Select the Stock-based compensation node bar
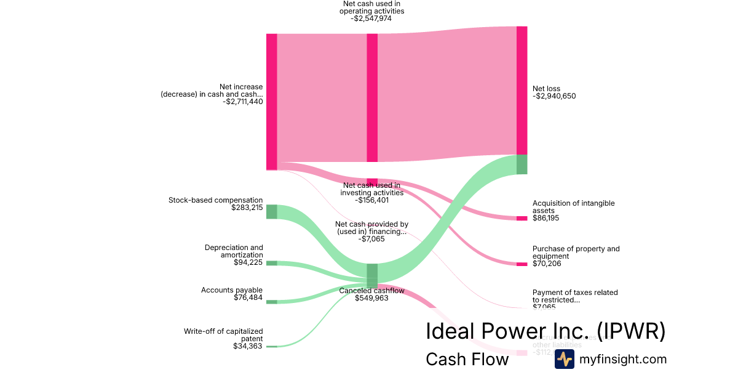[271, 211]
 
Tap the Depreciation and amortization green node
[271, 263]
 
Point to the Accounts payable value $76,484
[248, 298]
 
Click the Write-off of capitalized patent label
[223, 334]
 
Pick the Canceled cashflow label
[371, 291]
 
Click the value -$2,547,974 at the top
[371, 18]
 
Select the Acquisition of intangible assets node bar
[522, 218]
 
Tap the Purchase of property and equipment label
[576, 253]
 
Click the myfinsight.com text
[623, 359]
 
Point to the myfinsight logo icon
[564, 359]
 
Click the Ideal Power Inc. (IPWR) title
[546, 331]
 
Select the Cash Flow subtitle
[467, 359]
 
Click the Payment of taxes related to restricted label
[575, 296]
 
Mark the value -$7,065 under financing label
[371, 239]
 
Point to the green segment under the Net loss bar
[522, 164]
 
